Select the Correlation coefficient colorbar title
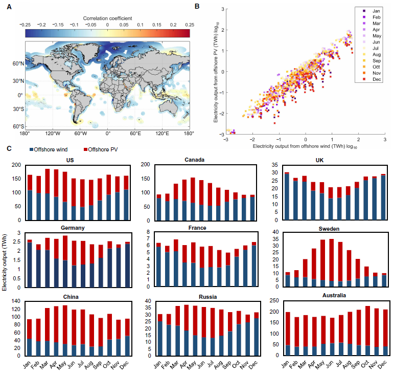pos(107,18)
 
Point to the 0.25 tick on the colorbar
pos(190,24)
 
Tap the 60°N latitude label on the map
pos(18,63)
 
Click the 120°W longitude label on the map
pos(53,134)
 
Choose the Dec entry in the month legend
pos(374,79)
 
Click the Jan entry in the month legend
pos(374,10)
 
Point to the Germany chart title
pos(69,228)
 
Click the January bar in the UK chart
pos(287,196)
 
